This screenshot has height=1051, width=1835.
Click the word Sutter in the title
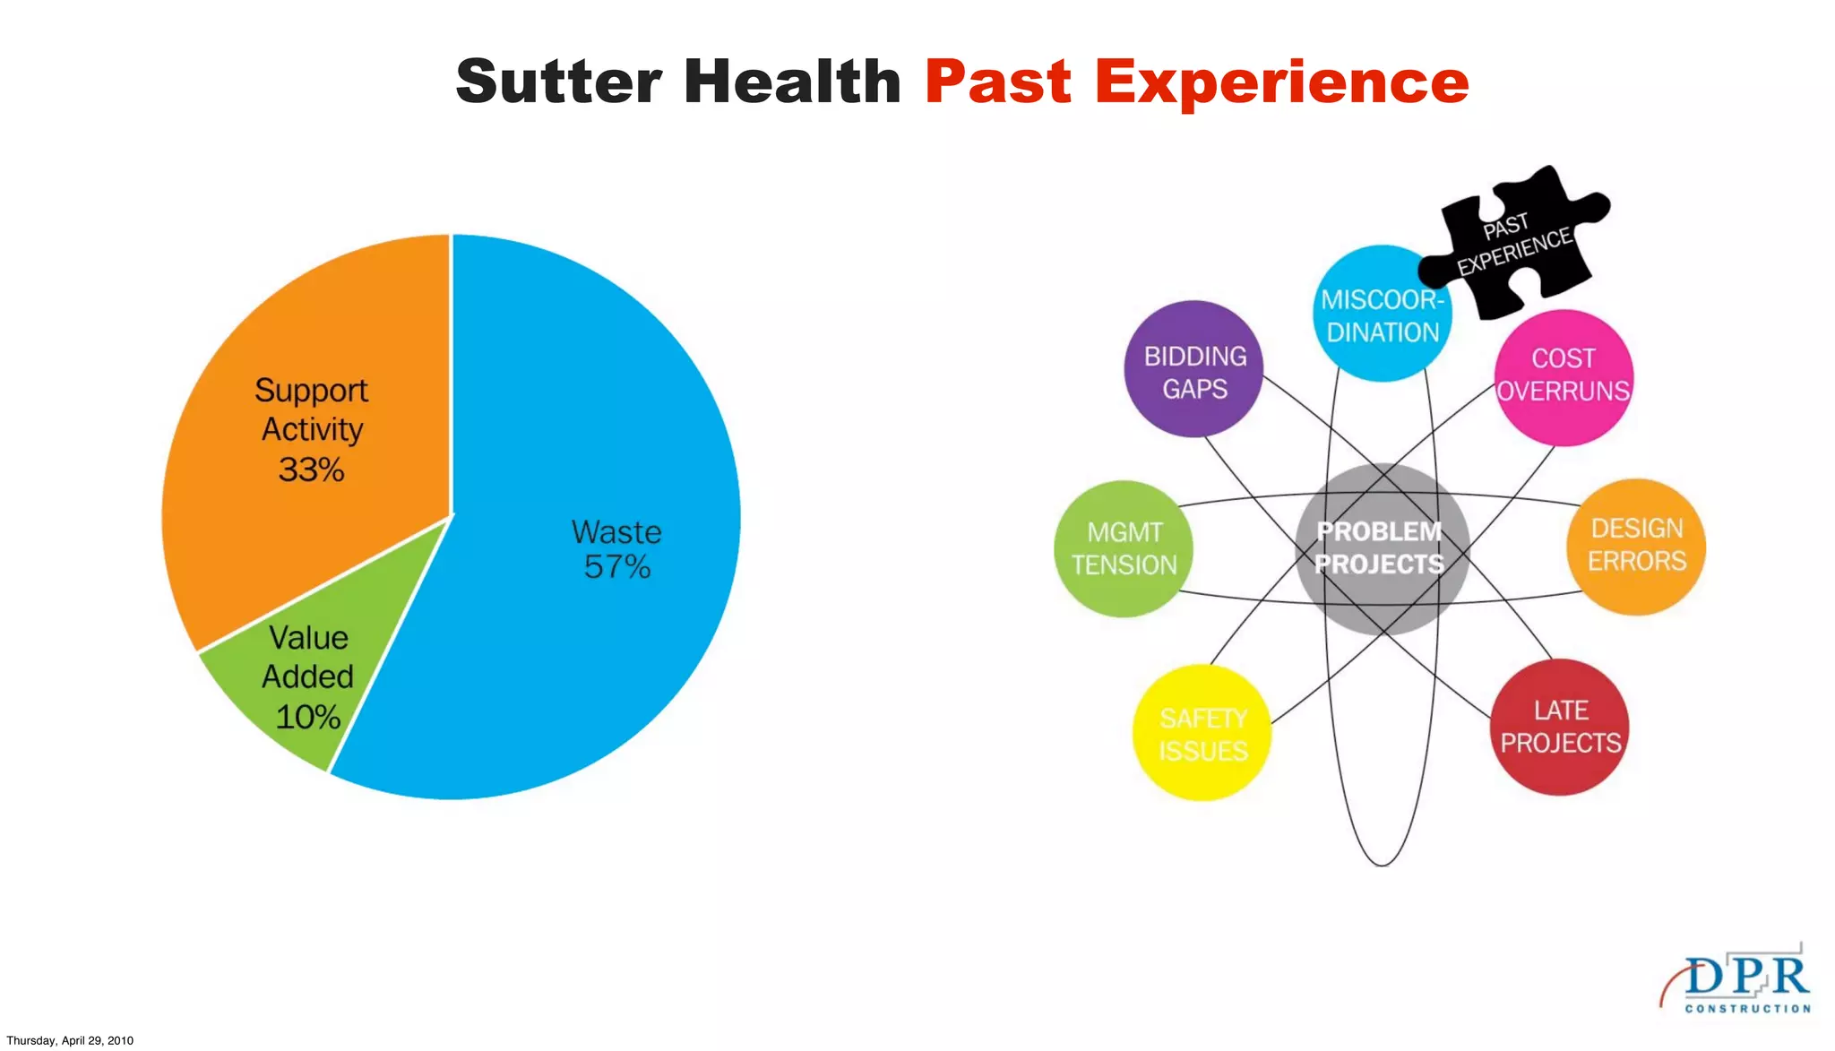pyautogui.click(x=559, y=82)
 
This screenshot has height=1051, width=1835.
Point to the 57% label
pyautogui.click(x=617, y=567)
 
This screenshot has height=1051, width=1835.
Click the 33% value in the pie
pyautogui.click(x=311, y=470)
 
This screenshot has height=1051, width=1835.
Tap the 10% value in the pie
pyautogui.click(x=307, y=717)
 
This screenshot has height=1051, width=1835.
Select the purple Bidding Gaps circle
pyautogui.click(x=1193, y=369)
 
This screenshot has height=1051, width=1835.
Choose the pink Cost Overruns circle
pyautogui.click(x=1564, y=376)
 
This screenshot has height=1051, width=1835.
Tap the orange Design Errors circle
pyautogui.click(x=1636, y=546)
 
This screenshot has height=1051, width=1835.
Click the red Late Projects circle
pyautogui.click(x=1560, y=727)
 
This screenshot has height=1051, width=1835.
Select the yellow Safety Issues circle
pyautogui.click(x=1202, y=734)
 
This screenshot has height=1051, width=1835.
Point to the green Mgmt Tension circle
pyautogui.click(x=1124, y=548)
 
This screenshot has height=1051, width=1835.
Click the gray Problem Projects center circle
pyautogui.click(x=1381, y=548)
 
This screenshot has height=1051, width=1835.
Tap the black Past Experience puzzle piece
pyautogui.click(x=1514, y=242)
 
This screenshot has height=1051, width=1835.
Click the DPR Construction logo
pyautogui.click(x=1738, y=981)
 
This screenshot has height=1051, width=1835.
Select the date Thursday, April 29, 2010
pyautogui.click(x=70, y=1040)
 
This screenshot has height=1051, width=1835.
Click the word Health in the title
pyautogui.click(x=792, y=82)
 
